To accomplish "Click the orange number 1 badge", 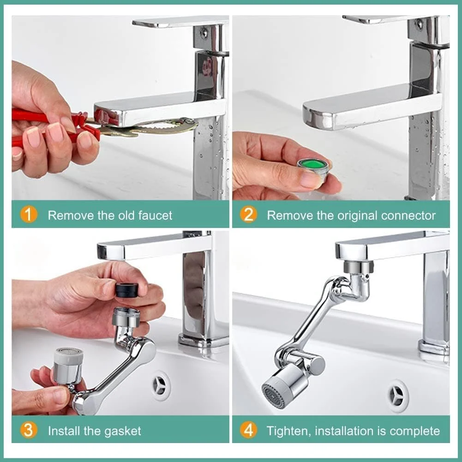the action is (x=29, y=215).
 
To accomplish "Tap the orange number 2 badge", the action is (x=248, y=215).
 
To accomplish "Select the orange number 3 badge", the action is (x=29, y=430).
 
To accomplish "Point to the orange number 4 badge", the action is (x=248, y=430).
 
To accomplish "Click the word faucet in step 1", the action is (x=155, y=216).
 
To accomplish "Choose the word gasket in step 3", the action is (x=123, y=432).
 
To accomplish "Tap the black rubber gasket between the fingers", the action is (x=127, y=290).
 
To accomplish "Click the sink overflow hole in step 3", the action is (x=161, y=386).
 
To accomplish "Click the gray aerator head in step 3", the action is (x=68, y=365).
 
